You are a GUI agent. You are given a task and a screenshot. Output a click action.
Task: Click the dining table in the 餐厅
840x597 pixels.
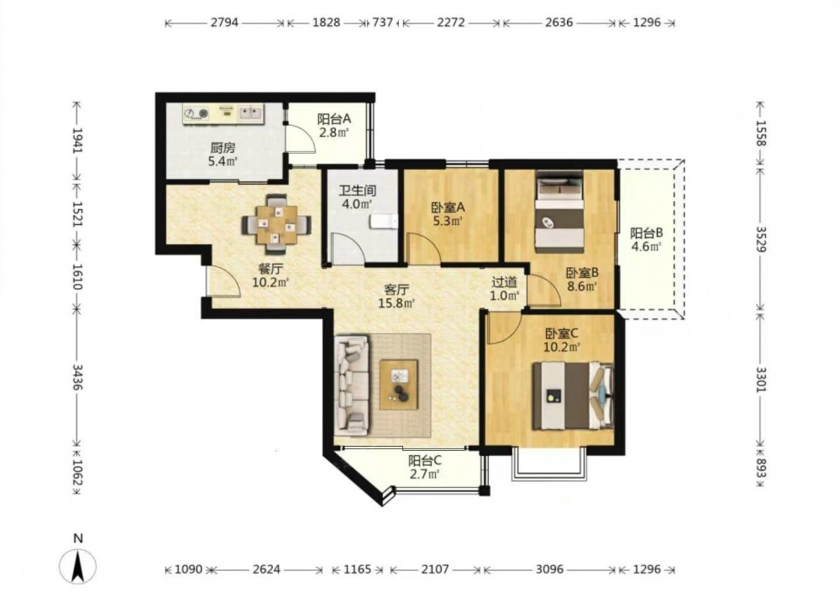click(277, 225)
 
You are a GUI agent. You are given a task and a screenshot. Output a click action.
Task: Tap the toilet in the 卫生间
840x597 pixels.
click(384, 221)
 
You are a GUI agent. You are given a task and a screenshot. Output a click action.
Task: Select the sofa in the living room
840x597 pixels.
click(353, 385)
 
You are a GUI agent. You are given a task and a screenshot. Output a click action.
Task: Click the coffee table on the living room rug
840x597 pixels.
click(398, 385)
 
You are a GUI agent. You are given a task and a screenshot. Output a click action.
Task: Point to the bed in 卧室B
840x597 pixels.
click(559, 212)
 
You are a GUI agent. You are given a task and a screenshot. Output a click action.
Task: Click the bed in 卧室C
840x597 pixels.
click(573, 395)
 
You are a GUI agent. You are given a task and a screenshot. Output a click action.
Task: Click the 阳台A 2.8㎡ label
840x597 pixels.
click(333, 125)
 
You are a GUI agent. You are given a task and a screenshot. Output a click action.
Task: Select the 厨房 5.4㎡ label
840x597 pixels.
click(223, 154)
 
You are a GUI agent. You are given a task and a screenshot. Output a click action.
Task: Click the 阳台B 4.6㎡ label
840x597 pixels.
click(646, 239)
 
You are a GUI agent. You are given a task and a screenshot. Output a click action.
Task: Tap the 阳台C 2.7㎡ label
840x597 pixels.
click(425, 467)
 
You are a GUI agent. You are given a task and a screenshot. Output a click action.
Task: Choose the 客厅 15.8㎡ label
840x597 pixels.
click(396, 296)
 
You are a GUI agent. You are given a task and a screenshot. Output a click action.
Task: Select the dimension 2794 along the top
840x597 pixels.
click(224, 23)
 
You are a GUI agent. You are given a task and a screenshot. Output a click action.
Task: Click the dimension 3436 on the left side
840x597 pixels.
click(78, 378)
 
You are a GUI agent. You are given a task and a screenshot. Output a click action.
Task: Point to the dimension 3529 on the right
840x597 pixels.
click(761, 239)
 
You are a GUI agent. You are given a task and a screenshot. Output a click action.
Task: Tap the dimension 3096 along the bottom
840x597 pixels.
click(550, 569)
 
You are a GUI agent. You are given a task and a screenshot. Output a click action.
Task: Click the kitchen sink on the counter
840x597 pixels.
click(250, 113)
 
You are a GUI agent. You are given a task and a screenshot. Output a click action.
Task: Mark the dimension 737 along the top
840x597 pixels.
click(383, 23)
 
